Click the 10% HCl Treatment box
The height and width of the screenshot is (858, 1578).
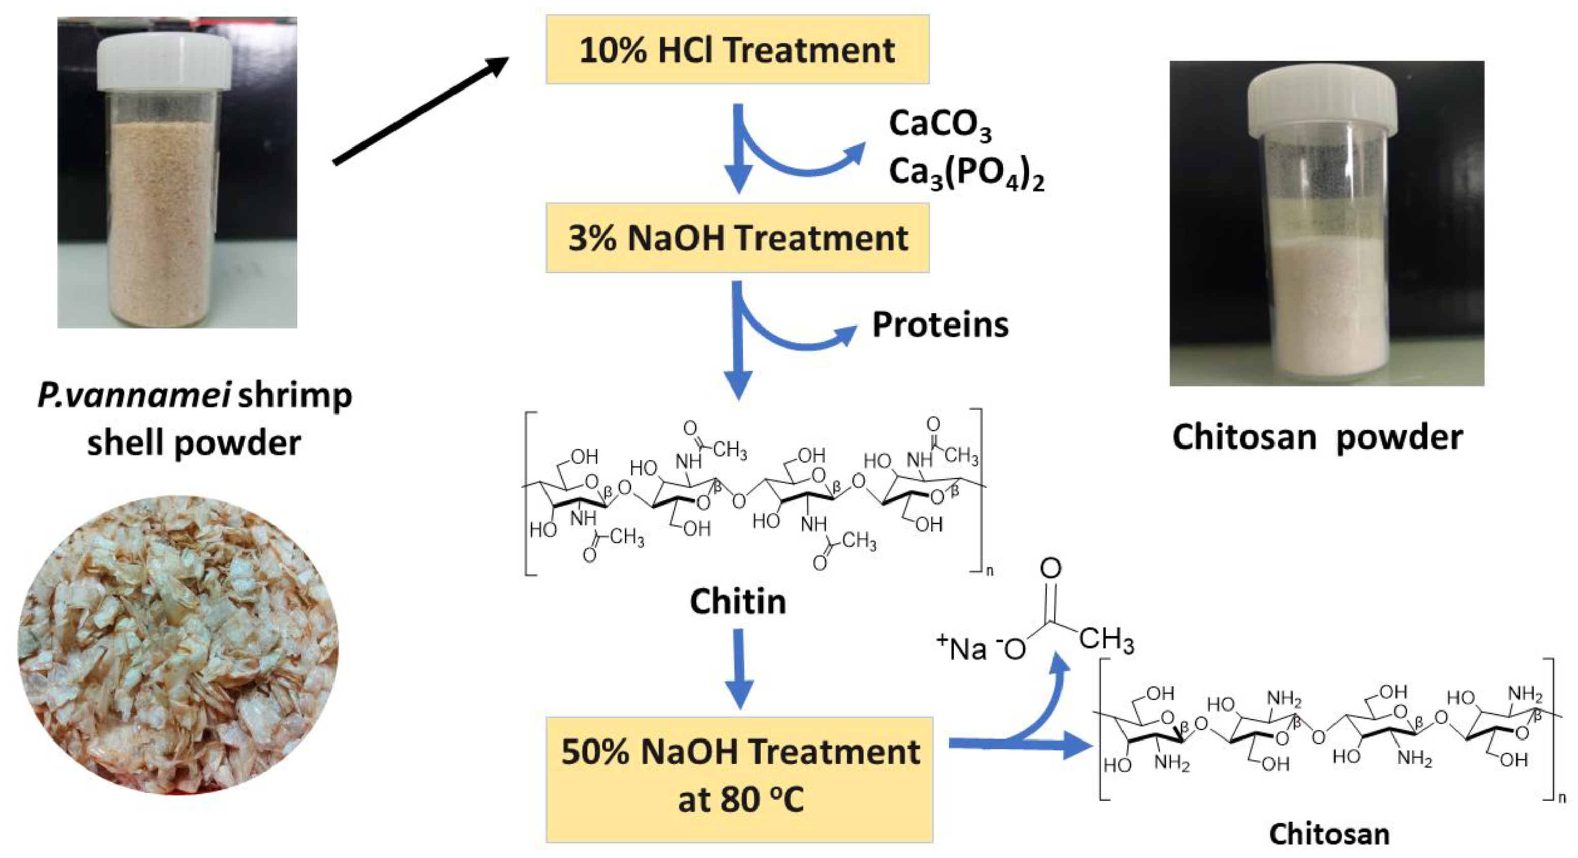(737, 50)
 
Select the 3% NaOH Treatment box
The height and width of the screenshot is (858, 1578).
(737, 238)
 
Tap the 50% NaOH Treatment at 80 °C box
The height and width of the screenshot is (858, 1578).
(739, 778)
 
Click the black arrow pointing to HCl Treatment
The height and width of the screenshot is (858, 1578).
(421, 111)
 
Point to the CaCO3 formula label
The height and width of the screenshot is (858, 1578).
(939, 125)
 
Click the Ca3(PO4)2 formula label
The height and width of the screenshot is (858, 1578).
(965, 173)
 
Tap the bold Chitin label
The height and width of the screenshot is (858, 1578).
(738, 602)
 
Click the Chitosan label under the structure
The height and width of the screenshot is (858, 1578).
(1329, 834)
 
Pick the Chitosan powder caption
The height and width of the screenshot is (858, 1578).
(1317, 437)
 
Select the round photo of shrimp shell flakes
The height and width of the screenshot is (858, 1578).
(177, 645)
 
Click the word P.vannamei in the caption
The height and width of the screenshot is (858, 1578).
(134, 396)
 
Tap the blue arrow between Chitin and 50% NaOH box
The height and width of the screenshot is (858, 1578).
(739, 668)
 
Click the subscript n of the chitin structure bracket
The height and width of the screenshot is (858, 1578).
(989, 571)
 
